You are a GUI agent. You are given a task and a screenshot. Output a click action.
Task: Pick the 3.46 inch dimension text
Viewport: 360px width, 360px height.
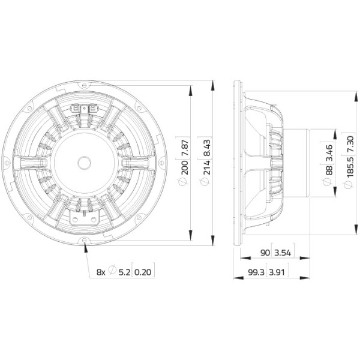click(329, 152)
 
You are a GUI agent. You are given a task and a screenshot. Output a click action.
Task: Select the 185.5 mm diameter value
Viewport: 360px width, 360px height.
click(350, 166)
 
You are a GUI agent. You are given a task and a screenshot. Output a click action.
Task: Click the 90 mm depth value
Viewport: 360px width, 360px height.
click(265, 253)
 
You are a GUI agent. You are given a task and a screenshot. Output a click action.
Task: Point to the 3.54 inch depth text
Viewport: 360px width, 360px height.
click(283, 253)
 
